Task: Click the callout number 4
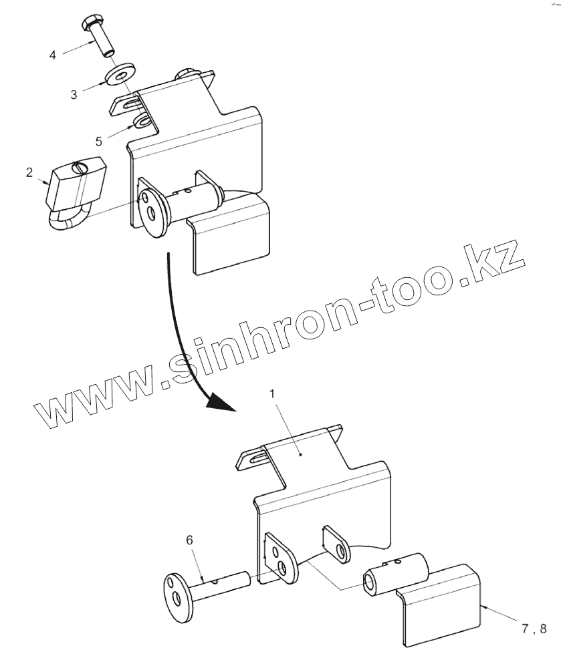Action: point(53,54)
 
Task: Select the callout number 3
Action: point(74,95)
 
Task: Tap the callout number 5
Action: point(98,141)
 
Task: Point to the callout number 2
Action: point(29,172)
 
